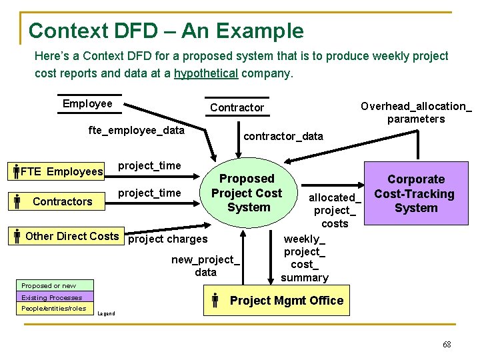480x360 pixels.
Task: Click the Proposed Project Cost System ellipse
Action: click(247, 193)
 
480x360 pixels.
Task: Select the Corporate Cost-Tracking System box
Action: click(415, 194)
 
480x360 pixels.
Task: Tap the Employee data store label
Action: click(87, 103)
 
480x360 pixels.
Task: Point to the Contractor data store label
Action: click(237, 107)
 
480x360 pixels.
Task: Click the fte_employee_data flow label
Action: click(136, 130)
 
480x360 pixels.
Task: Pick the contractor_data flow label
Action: click(283, 136)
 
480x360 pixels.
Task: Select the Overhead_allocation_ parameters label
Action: click(416, 113)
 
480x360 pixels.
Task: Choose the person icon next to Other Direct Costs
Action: click(17, 236)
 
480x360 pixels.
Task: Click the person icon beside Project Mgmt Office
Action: click(215, 301)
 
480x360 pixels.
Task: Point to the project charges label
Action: click(167, 239)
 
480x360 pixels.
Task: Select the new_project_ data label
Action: click(205, 265)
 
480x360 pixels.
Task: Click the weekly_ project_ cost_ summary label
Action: click(305, 258)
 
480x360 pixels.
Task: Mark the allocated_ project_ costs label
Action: click(335, 210)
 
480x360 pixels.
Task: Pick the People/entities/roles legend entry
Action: click(53, 309)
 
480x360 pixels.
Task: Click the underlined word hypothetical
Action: click(205, 73)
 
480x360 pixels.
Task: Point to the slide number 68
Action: click(447, 344)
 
